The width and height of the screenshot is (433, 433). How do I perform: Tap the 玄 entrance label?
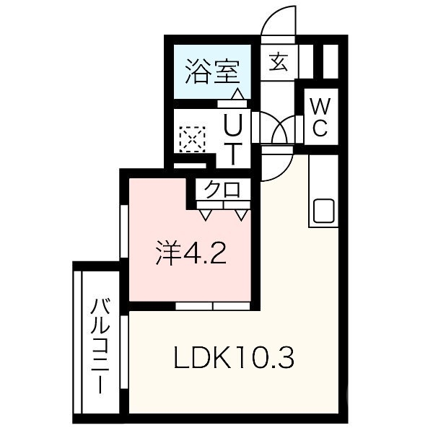(x=279, y=63)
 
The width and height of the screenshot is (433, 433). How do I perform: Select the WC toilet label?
(x=320, y=118)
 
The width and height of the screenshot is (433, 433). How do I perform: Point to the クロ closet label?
(x=222, y=191)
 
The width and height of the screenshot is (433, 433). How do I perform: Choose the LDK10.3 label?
(x=235, y=357)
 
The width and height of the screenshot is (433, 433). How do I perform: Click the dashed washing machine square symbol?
(x=192, y=139)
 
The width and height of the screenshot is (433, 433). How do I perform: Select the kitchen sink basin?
(x=323, y=211)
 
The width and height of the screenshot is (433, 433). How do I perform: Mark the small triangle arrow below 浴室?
(x=236, y=94)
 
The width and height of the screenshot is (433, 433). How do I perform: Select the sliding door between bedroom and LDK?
(x=214, y=306)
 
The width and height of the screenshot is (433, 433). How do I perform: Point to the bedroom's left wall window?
(x=124, y=231)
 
